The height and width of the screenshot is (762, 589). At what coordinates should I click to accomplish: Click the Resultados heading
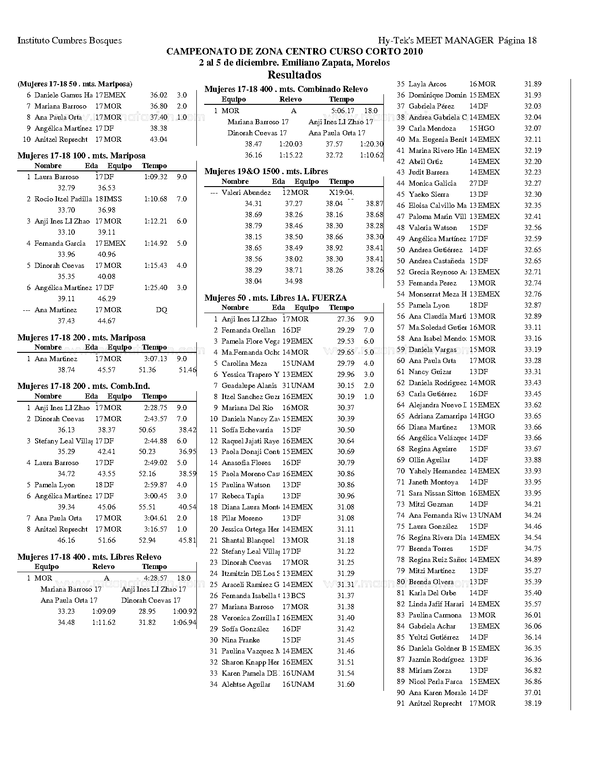[x=294, y=75]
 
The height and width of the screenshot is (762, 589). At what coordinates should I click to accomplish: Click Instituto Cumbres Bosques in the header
[x=69, y=40]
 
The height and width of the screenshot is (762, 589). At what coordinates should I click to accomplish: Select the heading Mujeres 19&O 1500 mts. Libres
[x=266, y=171]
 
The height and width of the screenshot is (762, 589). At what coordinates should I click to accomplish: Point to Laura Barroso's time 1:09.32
[x=155, y=177]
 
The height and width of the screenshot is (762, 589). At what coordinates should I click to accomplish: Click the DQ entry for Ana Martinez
[x=161, y=310]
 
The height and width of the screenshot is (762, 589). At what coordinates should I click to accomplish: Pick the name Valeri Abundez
[x=246, y=193]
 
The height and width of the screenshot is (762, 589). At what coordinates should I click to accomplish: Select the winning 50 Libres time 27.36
[x=346, y=319]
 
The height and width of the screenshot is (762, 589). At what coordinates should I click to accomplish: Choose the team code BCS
[x=298, y=596]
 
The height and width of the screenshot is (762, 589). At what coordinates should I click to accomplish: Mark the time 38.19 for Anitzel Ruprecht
[x=533, y=703]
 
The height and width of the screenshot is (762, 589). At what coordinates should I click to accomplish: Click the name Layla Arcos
[x=427, y=84]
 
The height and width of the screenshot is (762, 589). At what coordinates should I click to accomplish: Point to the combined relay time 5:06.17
[x=343, y=111]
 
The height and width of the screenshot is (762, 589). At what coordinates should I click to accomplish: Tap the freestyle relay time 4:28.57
[x=156, y=578]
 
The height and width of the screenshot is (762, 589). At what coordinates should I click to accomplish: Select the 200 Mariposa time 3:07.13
[x=155, y=359]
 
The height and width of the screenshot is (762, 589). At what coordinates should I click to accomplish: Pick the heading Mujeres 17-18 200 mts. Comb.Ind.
[x=84, y=386]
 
